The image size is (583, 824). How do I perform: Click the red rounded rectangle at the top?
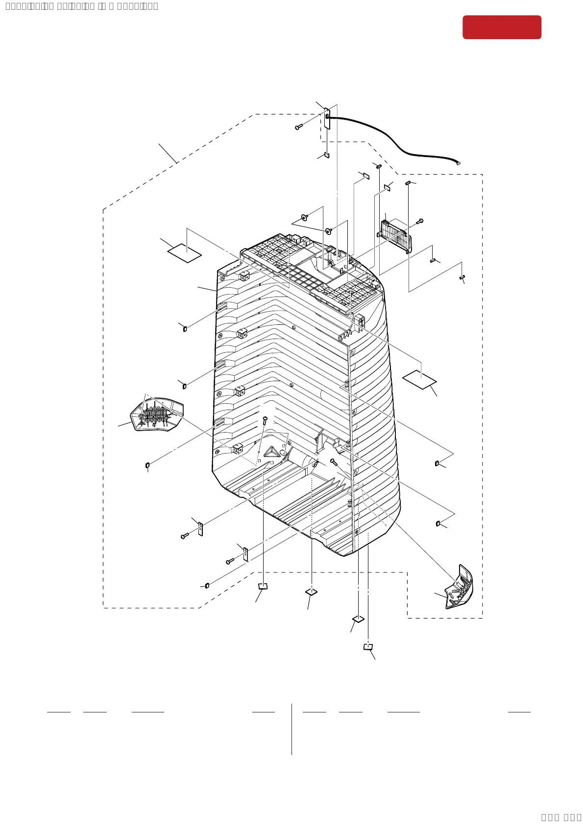[x=502, y=27]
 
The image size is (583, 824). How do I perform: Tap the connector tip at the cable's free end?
[x=459, y=163]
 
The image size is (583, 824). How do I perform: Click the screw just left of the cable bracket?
[x=298, y=127]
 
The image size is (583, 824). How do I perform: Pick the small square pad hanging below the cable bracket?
[x=327, y=156]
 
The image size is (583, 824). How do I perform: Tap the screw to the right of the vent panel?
[x=419, y=222]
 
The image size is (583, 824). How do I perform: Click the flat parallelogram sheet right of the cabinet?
[x=419, y=379]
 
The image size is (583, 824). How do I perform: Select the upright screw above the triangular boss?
[x=265, y=420]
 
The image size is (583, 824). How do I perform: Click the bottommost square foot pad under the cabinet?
[x=368, y=647]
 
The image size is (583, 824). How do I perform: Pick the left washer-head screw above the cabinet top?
[x=305, y=217]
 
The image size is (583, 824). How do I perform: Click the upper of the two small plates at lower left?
[x=200, y=528]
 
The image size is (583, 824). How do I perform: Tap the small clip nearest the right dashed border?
[x=462, y=277]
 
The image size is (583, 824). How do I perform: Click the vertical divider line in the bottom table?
[x=291, y=729]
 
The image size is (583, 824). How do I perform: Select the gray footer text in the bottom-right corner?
[x=561, y=817]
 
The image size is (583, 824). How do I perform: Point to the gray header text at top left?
[x=81, y=6]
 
